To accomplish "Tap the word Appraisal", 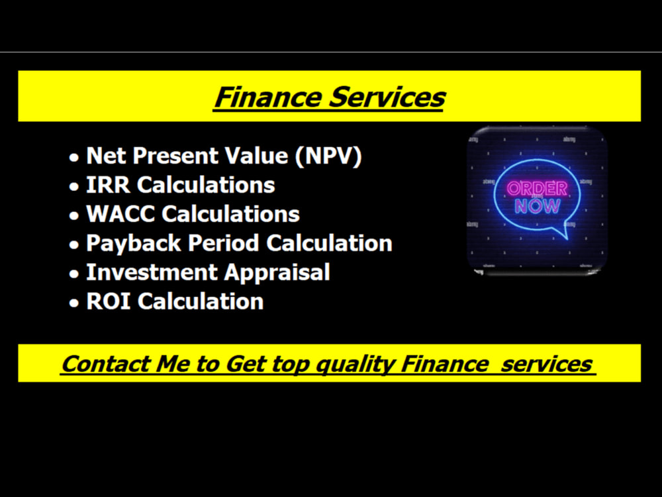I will pyautogui.click(x=275, y=272).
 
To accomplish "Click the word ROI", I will pyautogui.click(x=109, y=302).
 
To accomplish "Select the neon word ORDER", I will pyautogui.click(x=537, y=188).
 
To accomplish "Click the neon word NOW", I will pyautogui.click(x=537, y=205).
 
